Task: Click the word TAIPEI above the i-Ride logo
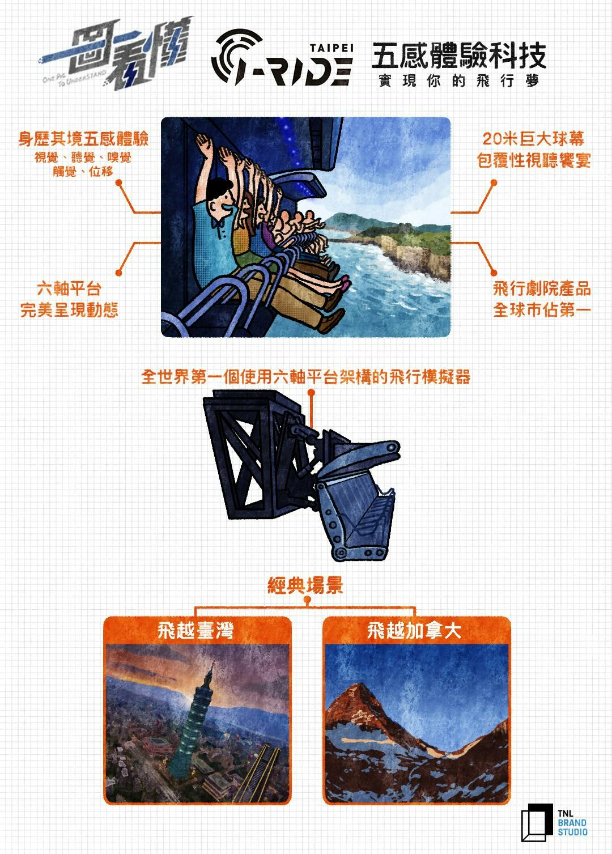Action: coord(331,48)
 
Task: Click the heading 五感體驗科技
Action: coord(458,56)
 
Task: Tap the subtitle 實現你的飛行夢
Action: coord(458,81)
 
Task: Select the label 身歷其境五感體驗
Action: coord(83,139)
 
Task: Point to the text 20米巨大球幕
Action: coord(533,139)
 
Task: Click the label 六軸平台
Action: coord(69,288)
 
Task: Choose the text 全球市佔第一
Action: coord(542,310)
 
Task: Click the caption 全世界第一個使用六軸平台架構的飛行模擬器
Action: coord(306,377)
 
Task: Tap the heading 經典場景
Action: coord(305,585)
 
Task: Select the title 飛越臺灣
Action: coord(195,631)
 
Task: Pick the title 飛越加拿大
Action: coord(414,631)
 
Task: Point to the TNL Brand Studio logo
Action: coord(554,823)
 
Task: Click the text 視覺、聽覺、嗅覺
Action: coord(83,157)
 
